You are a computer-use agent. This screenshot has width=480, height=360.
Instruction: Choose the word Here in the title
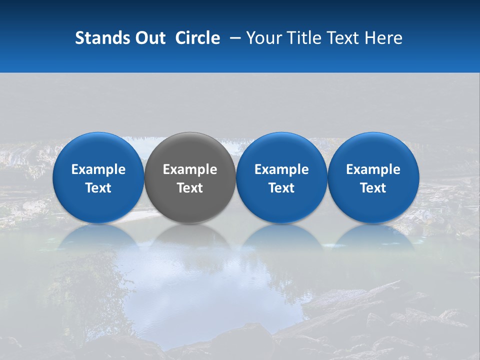[385, 38]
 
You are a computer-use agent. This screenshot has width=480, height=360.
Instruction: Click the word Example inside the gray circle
[190, 169]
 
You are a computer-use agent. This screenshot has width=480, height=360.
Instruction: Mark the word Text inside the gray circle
[190, 188]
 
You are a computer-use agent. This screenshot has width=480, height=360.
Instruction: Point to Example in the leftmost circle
[98, 169]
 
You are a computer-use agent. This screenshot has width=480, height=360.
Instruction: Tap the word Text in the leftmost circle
[98, 188]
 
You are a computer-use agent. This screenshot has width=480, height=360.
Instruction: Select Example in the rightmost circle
[373, 169]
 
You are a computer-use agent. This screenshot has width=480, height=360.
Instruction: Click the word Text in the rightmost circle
[373, 188]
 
